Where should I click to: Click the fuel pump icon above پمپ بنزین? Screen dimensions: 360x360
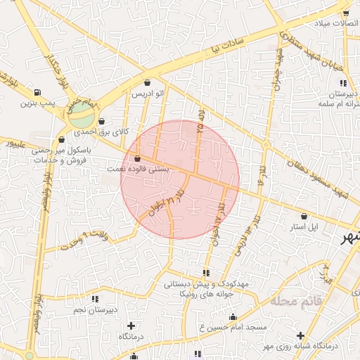click(x=37, y=92)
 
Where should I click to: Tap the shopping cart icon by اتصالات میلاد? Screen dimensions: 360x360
click(x=345, y=13)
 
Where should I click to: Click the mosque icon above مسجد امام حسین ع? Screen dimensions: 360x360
click(x=233, y=317)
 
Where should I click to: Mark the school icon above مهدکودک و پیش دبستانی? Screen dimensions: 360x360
click(x=205, y=272)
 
